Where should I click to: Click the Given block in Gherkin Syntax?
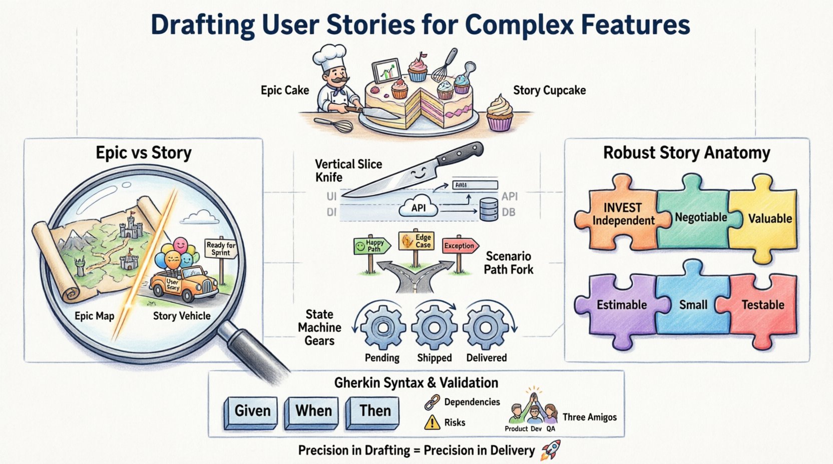[253, 411]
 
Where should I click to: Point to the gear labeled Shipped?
[434, 328]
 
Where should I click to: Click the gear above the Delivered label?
[486, 328]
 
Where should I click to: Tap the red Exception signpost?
[459, 245]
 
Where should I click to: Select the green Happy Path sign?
[369, 245]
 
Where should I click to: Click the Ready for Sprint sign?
[221, 248]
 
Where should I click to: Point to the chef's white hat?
[329, 57]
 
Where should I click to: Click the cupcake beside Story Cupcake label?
[500, 113]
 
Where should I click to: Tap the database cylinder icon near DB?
[489, 209]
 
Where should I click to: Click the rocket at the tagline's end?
[551, 449]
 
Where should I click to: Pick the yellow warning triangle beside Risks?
[432, 423]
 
